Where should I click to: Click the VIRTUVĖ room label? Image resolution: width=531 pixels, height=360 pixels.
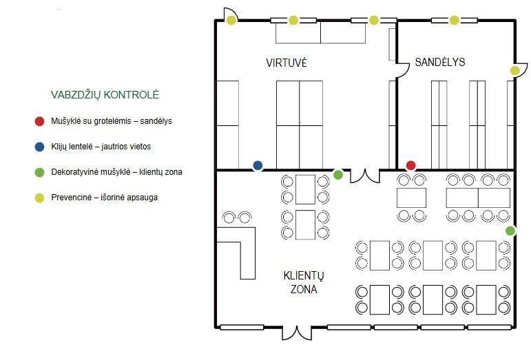tap(286, 63)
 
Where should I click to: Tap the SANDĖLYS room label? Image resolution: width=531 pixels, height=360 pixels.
tap(440, 62)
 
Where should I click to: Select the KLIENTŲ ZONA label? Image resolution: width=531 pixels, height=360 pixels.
tap(304, 282)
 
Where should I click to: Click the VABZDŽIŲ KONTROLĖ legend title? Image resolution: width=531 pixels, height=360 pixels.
tap(105, 95)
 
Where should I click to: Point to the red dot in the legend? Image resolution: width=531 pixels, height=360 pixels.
tap(40, 121)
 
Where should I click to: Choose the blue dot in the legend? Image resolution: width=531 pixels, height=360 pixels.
tap(40, 147)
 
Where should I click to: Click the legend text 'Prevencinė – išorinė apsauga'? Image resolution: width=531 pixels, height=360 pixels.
tap(104, 198)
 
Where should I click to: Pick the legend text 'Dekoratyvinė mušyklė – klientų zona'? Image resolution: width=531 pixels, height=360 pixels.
tap(116, 172)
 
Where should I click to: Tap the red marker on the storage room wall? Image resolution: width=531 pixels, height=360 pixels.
tap(410, 165)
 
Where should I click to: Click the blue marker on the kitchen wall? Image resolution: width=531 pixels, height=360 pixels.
tap(258, 165)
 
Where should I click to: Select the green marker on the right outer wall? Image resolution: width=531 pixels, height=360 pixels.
tap(510, 231)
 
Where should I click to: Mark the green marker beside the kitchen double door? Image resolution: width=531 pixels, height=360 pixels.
tap(338, 175)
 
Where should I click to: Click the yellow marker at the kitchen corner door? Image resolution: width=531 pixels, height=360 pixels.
tap(231, 20)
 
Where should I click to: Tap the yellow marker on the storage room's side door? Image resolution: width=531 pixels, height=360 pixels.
tap(514, 70)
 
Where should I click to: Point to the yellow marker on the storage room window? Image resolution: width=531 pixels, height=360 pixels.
tap(454, 20)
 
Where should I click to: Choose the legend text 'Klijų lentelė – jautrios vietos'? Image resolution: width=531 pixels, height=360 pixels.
tap(101, 147)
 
